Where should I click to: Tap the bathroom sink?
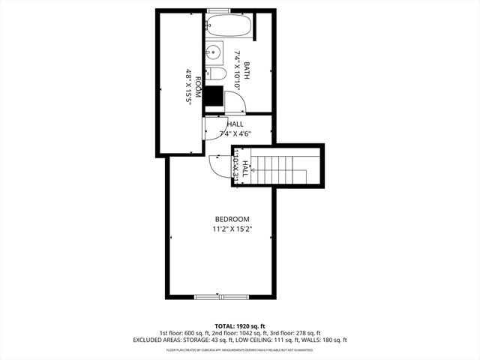(213, 52)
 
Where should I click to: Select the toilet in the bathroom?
(216, 74)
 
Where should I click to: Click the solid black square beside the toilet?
(215, 96)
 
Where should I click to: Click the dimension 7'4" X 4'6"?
(235, 133)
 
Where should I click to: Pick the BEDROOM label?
(232, 219)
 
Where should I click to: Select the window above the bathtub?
(219, 10)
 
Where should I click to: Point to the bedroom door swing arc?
(220, 166)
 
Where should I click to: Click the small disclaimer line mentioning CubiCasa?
(240, 349)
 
